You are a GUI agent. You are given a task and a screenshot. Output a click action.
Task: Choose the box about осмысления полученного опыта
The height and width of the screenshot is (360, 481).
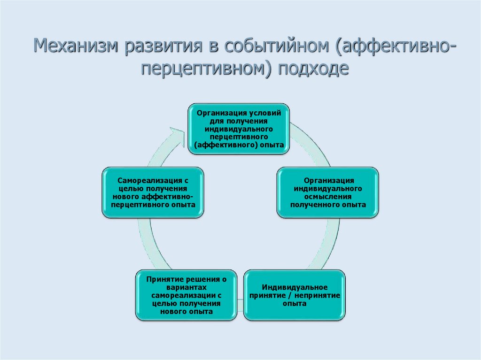(x=327, y=192)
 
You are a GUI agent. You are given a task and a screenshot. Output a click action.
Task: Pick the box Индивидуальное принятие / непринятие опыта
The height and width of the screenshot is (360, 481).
(x=295, y=295)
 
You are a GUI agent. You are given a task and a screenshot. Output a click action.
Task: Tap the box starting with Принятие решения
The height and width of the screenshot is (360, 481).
(x=186, y=295)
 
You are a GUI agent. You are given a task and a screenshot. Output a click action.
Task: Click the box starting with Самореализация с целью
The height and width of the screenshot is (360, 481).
(x=153, y=192)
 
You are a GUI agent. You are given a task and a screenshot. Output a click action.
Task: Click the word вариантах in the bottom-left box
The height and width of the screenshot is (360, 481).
(x=186, y=287)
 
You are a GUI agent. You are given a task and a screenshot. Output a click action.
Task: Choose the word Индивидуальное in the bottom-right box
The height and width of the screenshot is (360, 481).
(x=295, y=287)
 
